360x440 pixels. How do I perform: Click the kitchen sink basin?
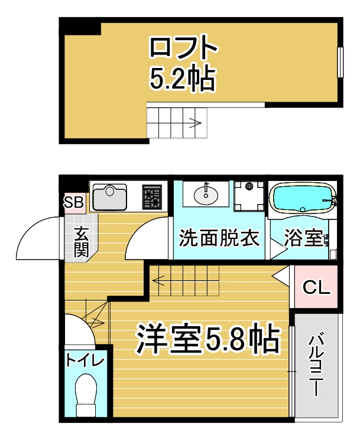coord(109,196)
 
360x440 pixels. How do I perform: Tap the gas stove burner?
coord(152,198)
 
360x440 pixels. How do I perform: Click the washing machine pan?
coord(248,196)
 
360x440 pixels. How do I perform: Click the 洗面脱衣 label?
coord(219,238)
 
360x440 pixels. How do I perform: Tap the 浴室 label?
coord(303,238)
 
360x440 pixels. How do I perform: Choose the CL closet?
coord(316,287)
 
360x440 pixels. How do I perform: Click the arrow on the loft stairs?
coord(194,124)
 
